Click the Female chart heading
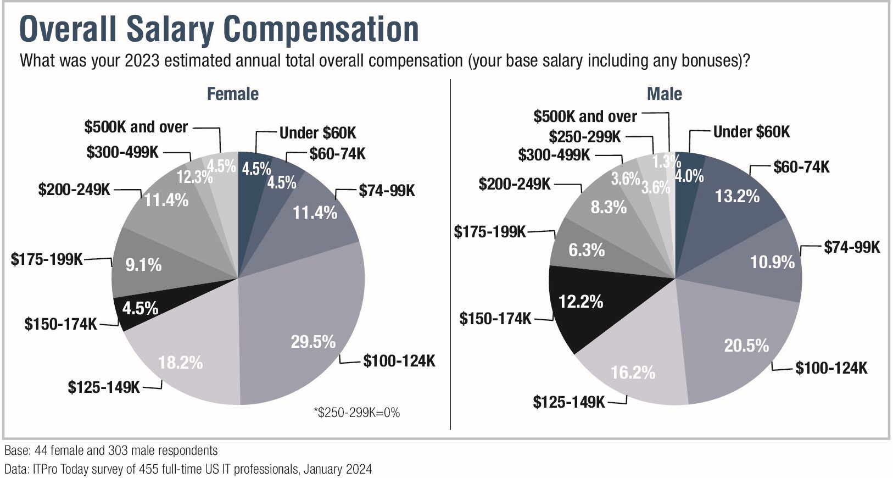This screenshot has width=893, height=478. [232, 94]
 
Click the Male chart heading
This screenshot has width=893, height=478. [664, 94]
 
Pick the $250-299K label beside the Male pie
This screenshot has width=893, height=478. [584, 137]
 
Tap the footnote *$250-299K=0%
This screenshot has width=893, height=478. [356, 413]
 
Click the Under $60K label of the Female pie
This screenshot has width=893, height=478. [317, 133]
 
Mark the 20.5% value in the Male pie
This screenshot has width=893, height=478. [746, 346]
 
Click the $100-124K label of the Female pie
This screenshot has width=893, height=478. [399, 361]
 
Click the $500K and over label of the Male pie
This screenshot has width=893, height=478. [585, 116]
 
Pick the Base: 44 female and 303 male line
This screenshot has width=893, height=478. [111, 451]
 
